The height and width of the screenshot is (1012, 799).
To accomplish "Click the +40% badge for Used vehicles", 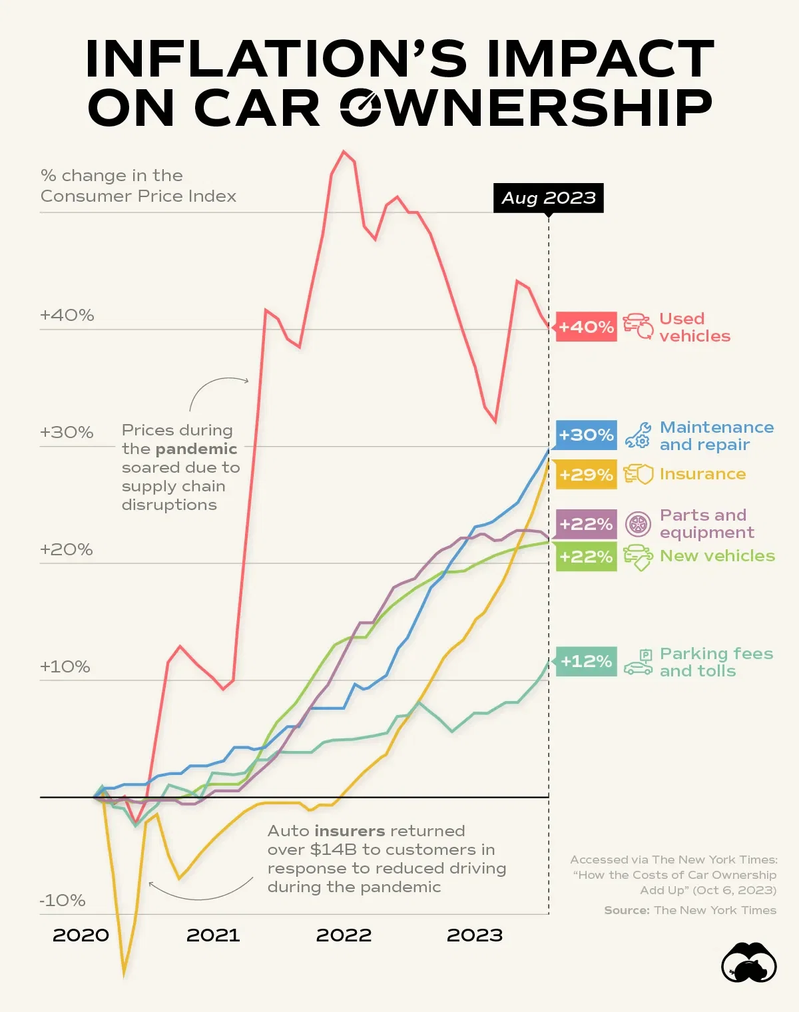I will [586, 327].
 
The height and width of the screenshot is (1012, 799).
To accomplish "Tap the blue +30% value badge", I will [586, 435].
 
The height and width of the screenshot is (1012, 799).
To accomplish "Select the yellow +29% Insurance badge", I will [586, 475].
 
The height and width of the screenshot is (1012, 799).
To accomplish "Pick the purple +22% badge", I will [586, 524].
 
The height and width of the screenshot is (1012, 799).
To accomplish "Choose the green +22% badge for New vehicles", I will [586, 557].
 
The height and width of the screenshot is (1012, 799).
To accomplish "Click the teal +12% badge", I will [586, 661].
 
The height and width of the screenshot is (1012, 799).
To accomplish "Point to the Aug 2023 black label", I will [548, 198].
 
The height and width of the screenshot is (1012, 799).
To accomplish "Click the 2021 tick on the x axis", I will [212, 935].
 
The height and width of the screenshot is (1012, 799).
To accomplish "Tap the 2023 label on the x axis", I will [474, 935].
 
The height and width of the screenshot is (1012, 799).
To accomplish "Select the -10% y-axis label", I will [63, 900].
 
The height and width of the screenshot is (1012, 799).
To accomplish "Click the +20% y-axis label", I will [66, 549].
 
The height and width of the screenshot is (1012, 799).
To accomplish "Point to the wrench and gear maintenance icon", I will [638, 435].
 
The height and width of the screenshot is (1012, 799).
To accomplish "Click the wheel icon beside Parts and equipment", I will [638, 525].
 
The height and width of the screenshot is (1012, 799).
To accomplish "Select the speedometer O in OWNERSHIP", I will [360, 107].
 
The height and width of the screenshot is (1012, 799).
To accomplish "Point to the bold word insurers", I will [350, 831].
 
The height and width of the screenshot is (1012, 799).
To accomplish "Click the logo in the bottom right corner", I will [749, 963].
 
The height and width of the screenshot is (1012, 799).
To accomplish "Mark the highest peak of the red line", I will [344, 152].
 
